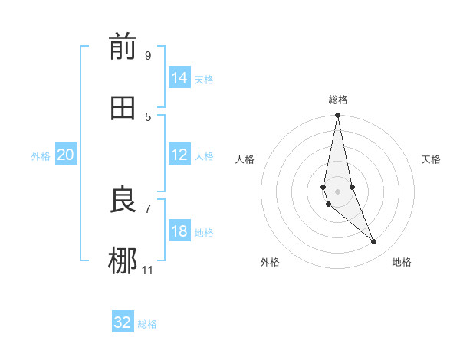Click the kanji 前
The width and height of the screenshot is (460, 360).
[123, 47]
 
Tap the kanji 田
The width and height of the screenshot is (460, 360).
[123, 108]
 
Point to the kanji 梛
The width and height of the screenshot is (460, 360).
[123, 260]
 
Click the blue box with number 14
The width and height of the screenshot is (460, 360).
[179, 78]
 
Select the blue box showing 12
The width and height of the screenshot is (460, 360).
[179, 155]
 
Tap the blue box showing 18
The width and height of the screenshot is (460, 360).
[179, 231]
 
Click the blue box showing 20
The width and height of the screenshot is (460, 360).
[65, 155]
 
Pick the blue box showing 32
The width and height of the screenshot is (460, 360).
[123, 322]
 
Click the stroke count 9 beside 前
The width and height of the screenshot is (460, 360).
[148, 55]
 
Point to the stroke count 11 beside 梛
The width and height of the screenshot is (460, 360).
[148, 270]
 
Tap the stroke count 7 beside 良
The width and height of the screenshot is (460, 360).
[148, 208]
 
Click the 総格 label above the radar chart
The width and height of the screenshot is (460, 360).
[338, 100]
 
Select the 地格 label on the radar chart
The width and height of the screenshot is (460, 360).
[402, 263]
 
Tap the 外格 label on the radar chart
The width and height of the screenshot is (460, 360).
[270, 263]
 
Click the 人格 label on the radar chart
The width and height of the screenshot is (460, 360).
[245, 159]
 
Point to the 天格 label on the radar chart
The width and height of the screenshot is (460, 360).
[432, 159]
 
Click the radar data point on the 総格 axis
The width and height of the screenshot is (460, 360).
[338, 116]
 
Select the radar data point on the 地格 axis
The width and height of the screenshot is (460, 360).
[374, 241]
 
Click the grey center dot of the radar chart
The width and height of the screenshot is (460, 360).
[338, 191]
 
